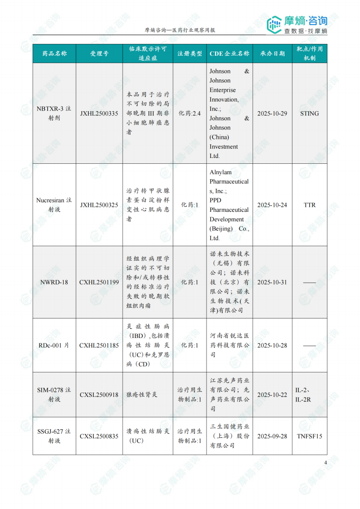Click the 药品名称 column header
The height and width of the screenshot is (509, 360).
coord(54,54)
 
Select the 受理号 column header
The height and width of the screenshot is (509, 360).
coord(99,54)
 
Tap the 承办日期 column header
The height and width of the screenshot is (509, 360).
coord(272,54)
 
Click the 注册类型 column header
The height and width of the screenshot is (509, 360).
coord(190,54)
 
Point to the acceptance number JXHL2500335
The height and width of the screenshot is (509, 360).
coord(99,113)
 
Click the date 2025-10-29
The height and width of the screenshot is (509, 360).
coord(272,113)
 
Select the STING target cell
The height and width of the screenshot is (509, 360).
coord(310,113)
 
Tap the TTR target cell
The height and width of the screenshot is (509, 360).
coord(310,205)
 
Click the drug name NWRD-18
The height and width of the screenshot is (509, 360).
coord(54,282)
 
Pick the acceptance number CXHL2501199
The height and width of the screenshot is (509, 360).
coord(99,282)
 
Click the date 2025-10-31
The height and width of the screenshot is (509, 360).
coord(272,282)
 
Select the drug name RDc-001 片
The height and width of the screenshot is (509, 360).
coord(54,345)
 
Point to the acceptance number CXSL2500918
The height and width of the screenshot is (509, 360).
coord(99,395)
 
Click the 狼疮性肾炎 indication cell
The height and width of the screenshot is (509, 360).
coord(142,395)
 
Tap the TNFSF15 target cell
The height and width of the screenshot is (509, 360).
coord(310,436)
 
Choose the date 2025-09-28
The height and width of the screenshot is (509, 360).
coord(272,436)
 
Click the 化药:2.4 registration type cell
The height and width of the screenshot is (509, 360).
coord(190,113)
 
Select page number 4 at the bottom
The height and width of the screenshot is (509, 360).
coord(325,463)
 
